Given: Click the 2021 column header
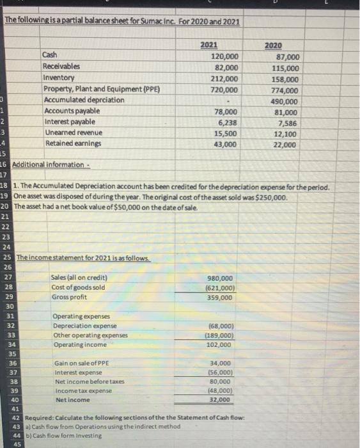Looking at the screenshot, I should (208, 45).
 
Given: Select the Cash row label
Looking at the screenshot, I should (49, 56).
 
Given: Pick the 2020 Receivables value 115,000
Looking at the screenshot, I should (285, 68).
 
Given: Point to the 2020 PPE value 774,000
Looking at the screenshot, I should (285, 90).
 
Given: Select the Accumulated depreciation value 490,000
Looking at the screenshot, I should (285, 101).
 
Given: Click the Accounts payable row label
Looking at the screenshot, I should (68, 111).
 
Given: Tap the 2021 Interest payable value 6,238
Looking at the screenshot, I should (228, 122).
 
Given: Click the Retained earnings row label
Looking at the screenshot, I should (69, 143).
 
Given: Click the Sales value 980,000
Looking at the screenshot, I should (221, 278).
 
